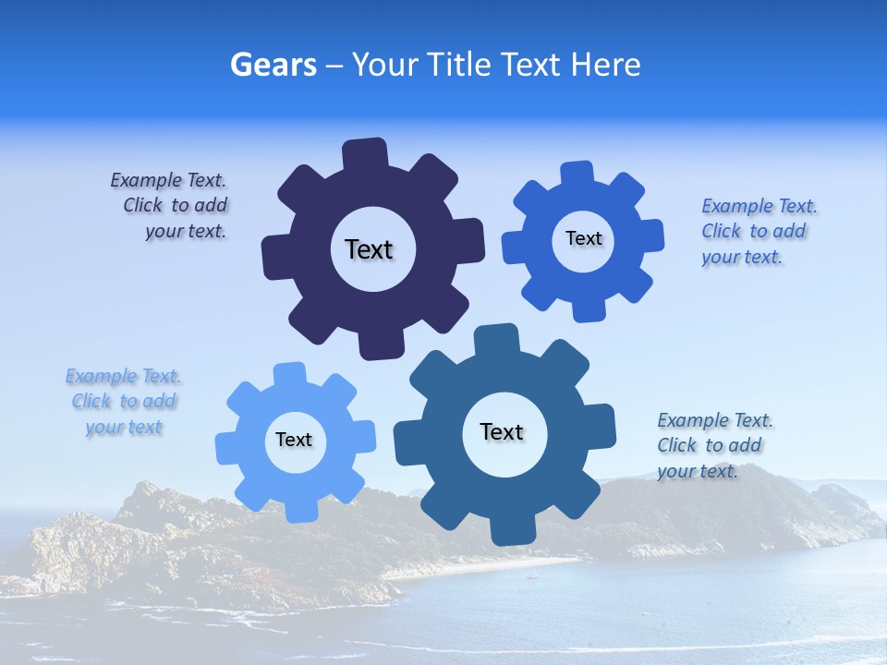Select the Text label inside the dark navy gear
pyautogui.click(x=369, y=249)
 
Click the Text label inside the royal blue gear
pyautogui.click(x=583, y=238)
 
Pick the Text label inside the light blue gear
pyautogui.click(x=294, y=440)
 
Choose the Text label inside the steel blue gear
pyautogui.click(x=502, y=431)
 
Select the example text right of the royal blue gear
pyautogui.click(x=759, y=231)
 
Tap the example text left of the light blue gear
pyautogui.click(x=123, y=402)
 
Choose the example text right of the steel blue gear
pyautogui.click(x=714, y=445)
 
